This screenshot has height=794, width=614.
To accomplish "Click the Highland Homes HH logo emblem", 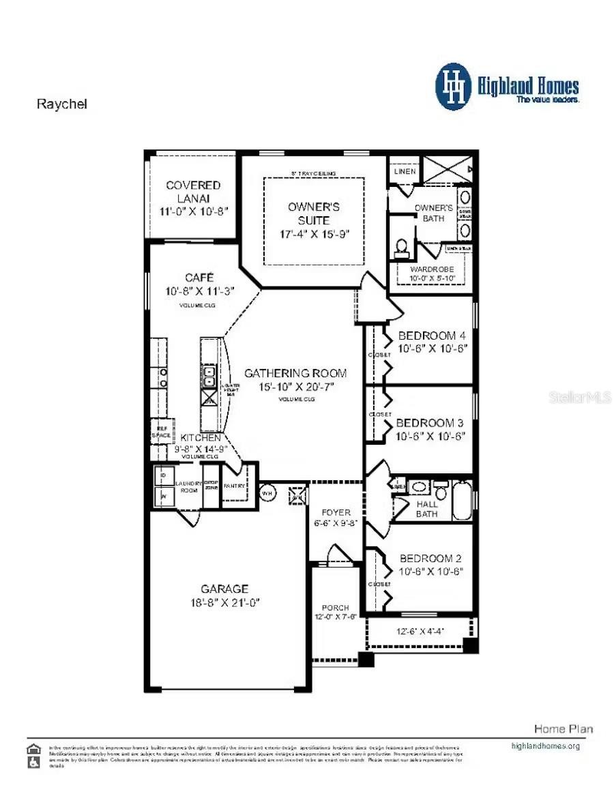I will [453, 87].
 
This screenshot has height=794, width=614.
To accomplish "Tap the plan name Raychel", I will [61, 104].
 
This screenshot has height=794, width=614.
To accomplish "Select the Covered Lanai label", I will [193, 192].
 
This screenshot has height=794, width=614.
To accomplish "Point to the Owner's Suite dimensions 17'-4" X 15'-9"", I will [313, 234].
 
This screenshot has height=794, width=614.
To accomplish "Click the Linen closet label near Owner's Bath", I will [404, 172].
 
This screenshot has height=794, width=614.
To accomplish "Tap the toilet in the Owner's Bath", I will [402, 246].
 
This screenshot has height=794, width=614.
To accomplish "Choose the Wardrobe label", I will [431, 269].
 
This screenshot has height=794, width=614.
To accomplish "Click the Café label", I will [199, 278].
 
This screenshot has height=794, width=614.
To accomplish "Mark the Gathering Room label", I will [295, 373].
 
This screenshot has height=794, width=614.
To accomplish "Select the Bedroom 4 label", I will [432, 336].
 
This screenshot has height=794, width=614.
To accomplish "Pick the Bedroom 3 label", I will [430, 423].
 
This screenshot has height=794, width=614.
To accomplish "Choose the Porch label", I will [335, 607].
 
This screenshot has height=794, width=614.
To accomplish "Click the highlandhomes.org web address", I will [545, 746].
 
